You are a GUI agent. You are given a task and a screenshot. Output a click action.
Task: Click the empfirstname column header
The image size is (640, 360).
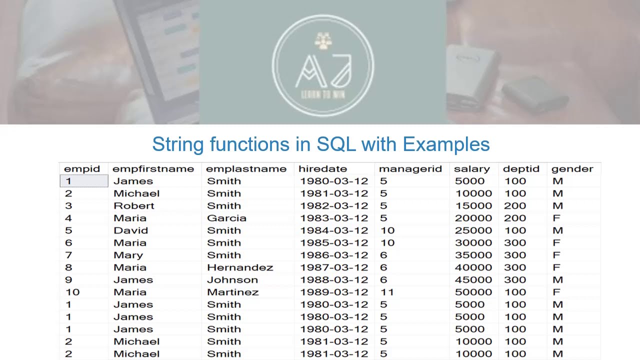[x=153, y=169]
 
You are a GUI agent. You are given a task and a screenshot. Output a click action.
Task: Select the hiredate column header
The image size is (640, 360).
[x=322, y=169]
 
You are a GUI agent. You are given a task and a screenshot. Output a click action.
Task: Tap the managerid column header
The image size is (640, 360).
[x=410, y=169]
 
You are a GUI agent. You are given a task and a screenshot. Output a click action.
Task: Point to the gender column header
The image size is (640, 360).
[x=572, y=169]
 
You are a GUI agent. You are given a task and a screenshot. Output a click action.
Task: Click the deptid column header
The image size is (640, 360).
[x=521, y=169]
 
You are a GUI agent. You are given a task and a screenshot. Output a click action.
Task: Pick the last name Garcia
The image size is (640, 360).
[x=226, y=218]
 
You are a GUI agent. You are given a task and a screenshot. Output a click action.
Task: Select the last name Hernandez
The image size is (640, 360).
[x=240, y=267]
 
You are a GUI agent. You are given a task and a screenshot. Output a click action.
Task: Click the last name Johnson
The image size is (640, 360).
[x=232, y=280]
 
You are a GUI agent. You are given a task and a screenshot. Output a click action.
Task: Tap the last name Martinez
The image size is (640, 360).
[x=233, y=292]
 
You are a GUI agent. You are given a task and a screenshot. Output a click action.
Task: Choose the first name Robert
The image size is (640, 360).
[x=134, y=206]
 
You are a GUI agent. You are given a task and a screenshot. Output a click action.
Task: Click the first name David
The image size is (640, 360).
[x=131, y=230]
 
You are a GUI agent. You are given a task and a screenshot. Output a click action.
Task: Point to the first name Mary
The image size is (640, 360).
[x=128, y=255]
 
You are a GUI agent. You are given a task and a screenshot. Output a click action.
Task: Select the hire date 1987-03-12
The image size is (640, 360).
[x=333, y=267]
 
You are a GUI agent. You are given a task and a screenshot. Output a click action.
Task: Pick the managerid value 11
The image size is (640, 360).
[x=387, y=292]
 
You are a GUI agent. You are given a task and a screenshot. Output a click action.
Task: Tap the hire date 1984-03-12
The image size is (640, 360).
[x=333, y=230]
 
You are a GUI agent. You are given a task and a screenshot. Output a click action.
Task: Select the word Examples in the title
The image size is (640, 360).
[x=446, y=144]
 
